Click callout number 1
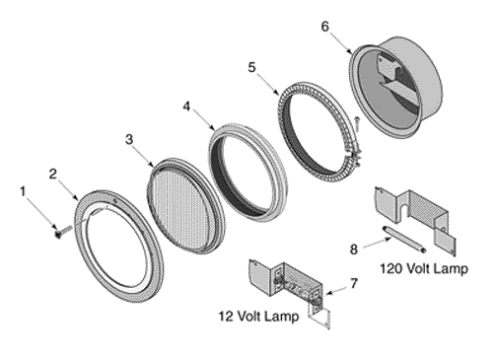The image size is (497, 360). pyautogui.click(x=23, y=191)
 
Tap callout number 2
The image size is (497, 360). pyautogui.click(x=53, y=175)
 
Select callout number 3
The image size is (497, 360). pyautogui.click(x=129, y=139)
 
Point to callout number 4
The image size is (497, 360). pyautogui.click(x=186, y=107)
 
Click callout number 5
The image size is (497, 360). pyautogui.click(x=251, y=67)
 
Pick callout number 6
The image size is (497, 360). pyautogui.click(x=324, y=27)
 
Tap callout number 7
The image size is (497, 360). pyautogui.click(x=354, y=283)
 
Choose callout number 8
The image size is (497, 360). pyautogui.click(x=353, y=250)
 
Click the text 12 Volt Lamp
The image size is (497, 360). pyautogui.click(x=259, y=317)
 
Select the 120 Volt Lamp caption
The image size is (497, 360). pyautogui.click(x=424, y=268)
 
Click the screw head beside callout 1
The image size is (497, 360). pyautogui.click(x=58, y=234)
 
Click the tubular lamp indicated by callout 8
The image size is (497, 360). pyautogui.click(x=403, y=239)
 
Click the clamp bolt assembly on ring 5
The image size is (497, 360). pyautogui.click(x=355, y=157)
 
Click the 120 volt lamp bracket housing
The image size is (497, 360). pyautogui.click(x=415, y=217)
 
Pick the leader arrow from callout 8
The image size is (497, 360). pyautogui.click(x=378, y=244)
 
